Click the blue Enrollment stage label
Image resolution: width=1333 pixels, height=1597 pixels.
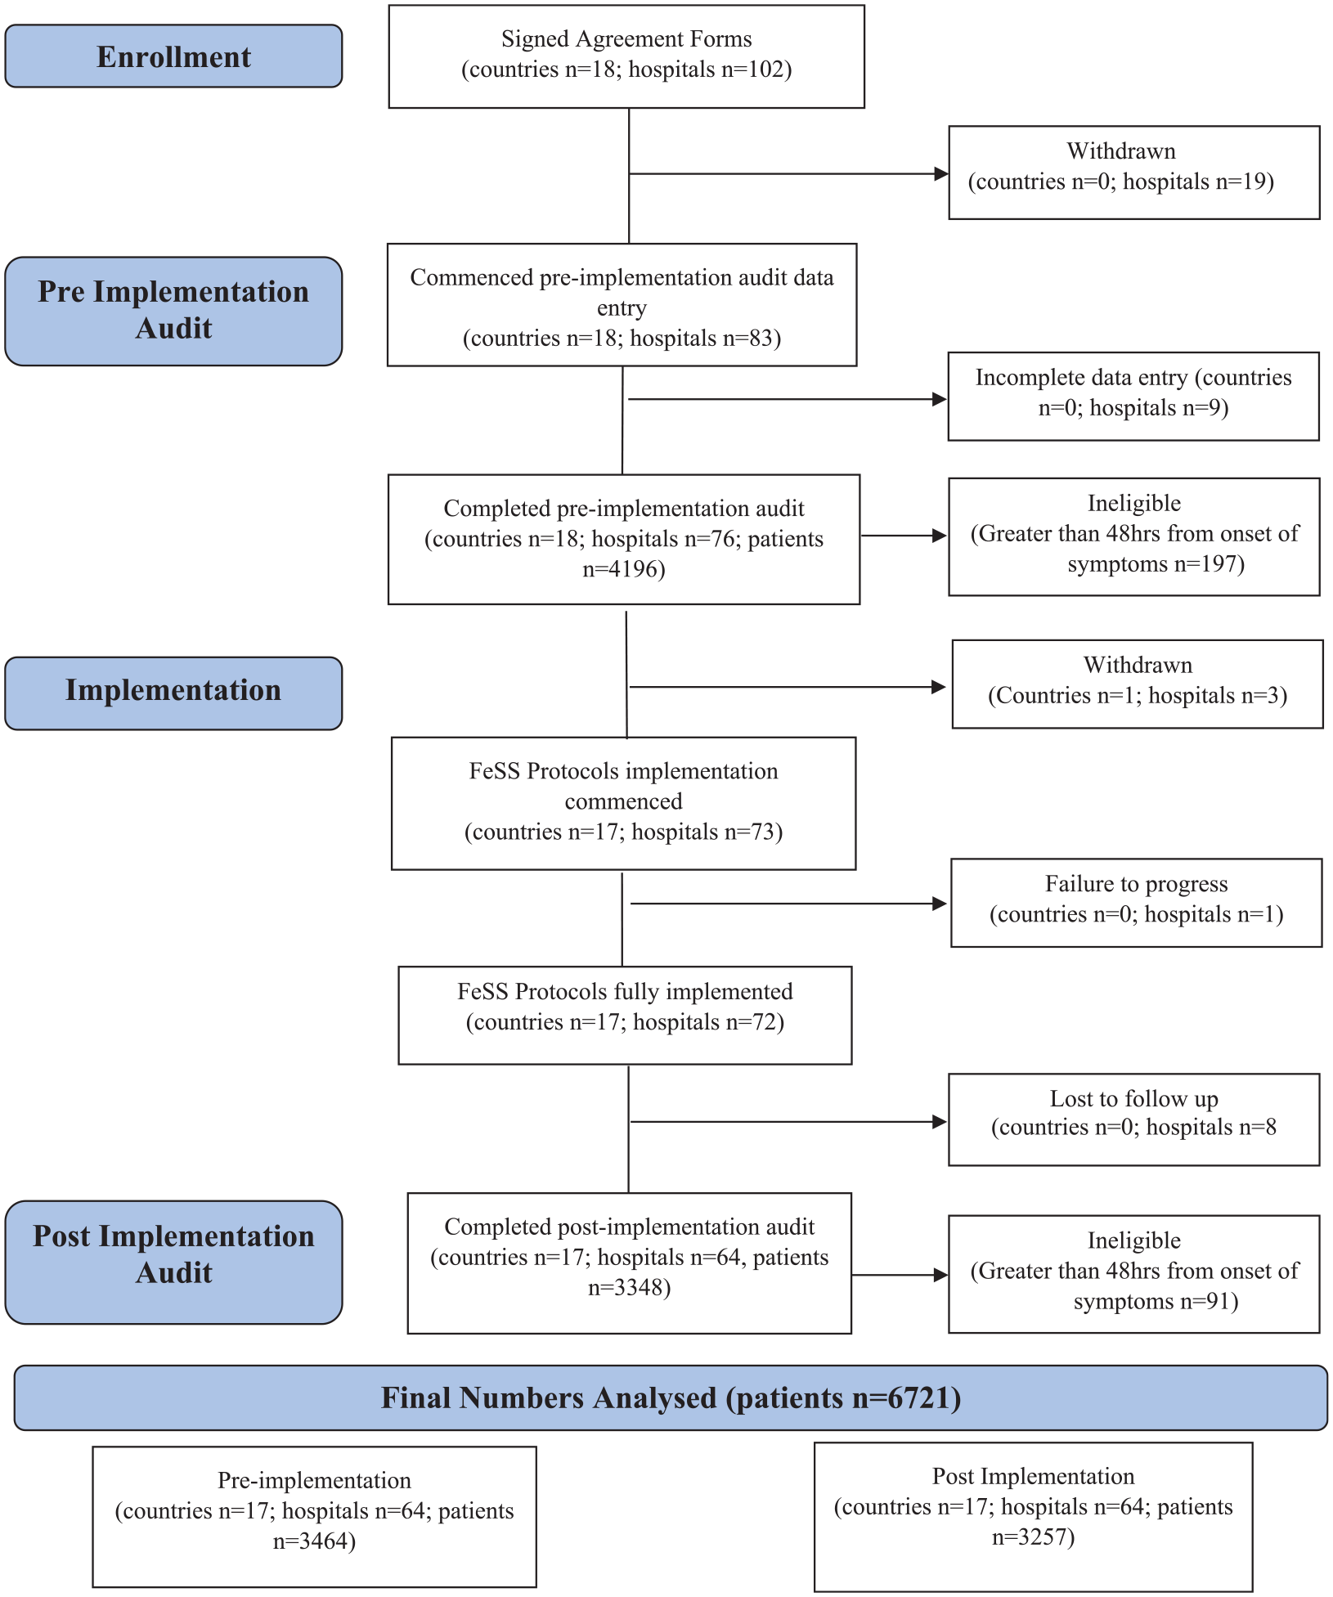click(x=173, y=56)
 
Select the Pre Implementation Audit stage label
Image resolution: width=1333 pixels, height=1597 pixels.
click(x=173, y=312)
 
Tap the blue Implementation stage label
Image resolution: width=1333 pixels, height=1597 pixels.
click(x=173, y=693)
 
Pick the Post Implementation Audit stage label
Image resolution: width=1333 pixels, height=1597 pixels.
click(x=173, y=1262)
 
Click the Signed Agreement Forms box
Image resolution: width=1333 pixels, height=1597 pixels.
click(x=626, y=56)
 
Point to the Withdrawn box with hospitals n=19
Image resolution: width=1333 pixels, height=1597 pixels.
click(x=1134, y=173)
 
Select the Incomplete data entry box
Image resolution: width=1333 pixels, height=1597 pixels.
click(x=1133, y=397)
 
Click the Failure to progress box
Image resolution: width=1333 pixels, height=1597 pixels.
click(x=1137, y=903)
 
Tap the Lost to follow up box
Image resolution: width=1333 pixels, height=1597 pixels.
click(x=1134, y=1119)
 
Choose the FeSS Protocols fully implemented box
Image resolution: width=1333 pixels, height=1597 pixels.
click(x=625, y=1016)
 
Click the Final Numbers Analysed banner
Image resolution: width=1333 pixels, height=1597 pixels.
click(x=671, y=1397)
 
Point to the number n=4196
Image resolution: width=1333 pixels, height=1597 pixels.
click(x=624, y=569)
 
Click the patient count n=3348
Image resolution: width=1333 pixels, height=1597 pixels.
click(x=630, y=1288)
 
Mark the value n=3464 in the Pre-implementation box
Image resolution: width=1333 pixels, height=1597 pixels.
click(x=314, y=1541)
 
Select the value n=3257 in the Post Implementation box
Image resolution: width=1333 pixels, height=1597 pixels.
click(x=1034, y=1537)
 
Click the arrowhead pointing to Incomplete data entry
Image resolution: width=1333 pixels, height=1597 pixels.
click(x=940, y=399)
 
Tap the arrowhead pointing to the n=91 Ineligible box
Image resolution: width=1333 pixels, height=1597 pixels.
click(x=940, y=1275)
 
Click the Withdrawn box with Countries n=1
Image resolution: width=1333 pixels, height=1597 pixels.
click(x=1138, y=684)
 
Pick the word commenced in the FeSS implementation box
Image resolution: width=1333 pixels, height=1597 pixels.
click(x=624, y=801)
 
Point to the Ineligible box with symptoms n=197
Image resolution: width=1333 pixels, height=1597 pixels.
click(x=1134, y=536)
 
